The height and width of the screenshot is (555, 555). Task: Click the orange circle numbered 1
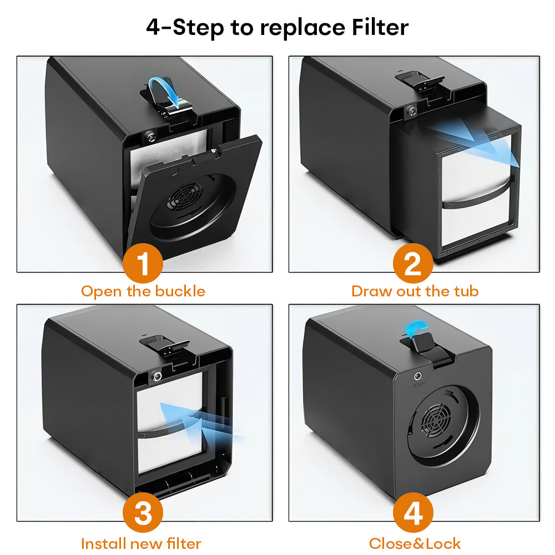(x=143, y=264)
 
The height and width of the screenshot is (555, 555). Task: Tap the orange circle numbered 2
(x=413, y=264)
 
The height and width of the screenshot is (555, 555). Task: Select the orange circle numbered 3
(x=143, y=513)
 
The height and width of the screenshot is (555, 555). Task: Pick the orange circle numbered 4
(x=413, y=513)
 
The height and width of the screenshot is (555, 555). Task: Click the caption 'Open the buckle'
(x=143, y=291)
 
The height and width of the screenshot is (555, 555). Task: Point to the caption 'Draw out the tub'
(x=415, y=291)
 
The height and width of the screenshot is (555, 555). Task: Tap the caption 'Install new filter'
(x=141, y=543)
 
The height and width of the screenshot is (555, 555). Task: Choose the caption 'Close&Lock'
(x=415, y=543)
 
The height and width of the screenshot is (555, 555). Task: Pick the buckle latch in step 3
(x=163, y=344)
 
